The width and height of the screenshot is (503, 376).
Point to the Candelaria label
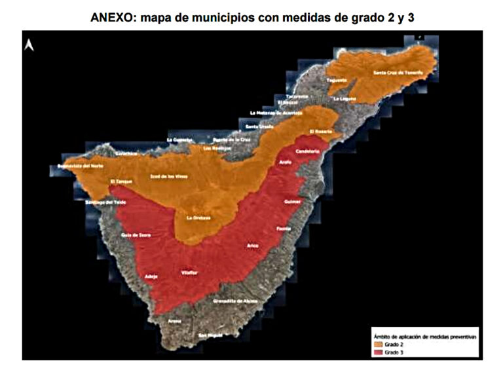pyautogui.click(x=307, y=151)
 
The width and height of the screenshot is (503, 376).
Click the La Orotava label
pyautogui.click(x=198, y=218)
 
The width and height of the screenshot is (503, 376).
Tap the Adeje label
pyautogui.click(x=151, y=276)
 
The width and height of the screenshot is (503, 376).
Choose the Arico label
pyautogui.click(x=253, y=246)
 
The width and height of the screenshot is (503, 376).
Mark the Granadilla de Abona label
pyautogui.click(x=235, y=301)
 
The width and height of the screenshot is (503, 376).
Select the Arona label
pyautogui.click(x=174, y=322)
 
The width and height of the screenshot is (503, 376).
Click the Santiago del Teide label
pyautogui.click(x=105, y=202)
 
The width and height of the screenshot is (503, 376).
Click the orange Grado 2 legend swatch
pyautogui.click(x=379, y=343)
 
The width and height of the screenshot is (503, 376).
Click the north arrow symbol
pyautogui.click(x=29, y=45)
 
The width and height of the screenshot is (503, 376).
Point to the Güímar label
pyautogui.click(x=292, y=202)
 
